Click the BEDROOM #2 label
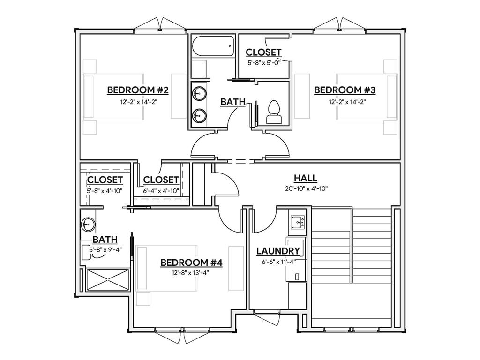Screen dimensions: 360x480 pyautogui.click(x=138, y=90)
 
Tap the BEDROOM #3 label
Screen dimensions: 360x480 pyautogui.click(x=345, y=90)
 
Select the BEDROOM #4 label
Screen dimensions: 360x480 pyautogui.click(x=191, y=262)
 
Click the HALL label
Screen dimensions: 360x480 pyautogui.click(x=306, y=178)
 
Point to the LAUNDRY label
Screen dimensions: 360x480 pyautogui.click(x=278, y=251)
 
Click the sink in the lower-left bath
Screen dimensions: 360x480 pyautogui.click(x=87, y=225)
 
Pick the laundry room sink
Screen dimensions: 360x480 pyautogui.click(x=297, y=222)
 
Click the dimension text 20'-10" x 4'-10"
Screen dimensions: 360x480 pyautogui.click(x=306, y=189)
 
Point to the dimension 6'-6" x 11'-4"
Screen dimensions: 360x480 pyautogui.click(x=278, y=262)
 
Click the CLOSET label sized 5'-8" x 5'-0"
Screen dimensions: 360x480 pyautogui.click(x=263, y=52)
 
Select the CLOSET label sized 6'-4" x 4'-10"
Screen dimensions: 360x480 pyautogui.click(x=161, y=180)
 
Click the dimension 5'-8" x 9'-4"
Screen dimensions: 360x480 pyautogui.click(x=106, y=249)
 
